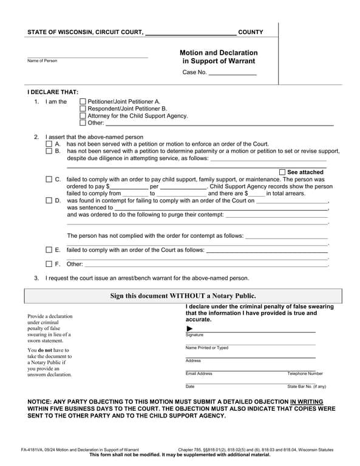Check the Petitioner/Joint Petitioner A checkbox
pyautogui.click(x=83, y=102)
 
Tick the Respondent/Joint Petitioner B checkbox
pyautogui.click(x=83, y=109)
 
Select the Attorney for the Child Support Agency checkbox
pyautogui.click(x=83, y=116)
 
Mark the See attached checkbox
pyautogui.click(x=282, y=172)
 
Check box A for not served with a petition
pyautogui.click(x=49, y=144)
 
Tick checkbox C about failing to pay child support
pyautogui.click(x=49, y=180)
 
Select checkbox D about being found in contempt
pyautogui.click(x=49, y=200)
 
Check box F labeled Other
pyautogui.click(x=49, y=264)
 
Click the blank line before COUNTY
pyautogui.click(x=191, y=33)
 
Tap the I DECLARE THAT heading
pyautogui.click(x=53, y=92)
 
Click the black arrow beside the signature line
pyautogui.click(x=189, y=329)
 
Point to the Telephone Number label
pyautogui.click(x=305, y=374)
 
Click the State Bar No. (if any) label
pyautogui.click(x=307, y=387)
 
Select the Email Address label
pyautogui.click(x=199, y=374)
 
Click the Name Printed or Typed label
pyautogui.click(x=206, y=348)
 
